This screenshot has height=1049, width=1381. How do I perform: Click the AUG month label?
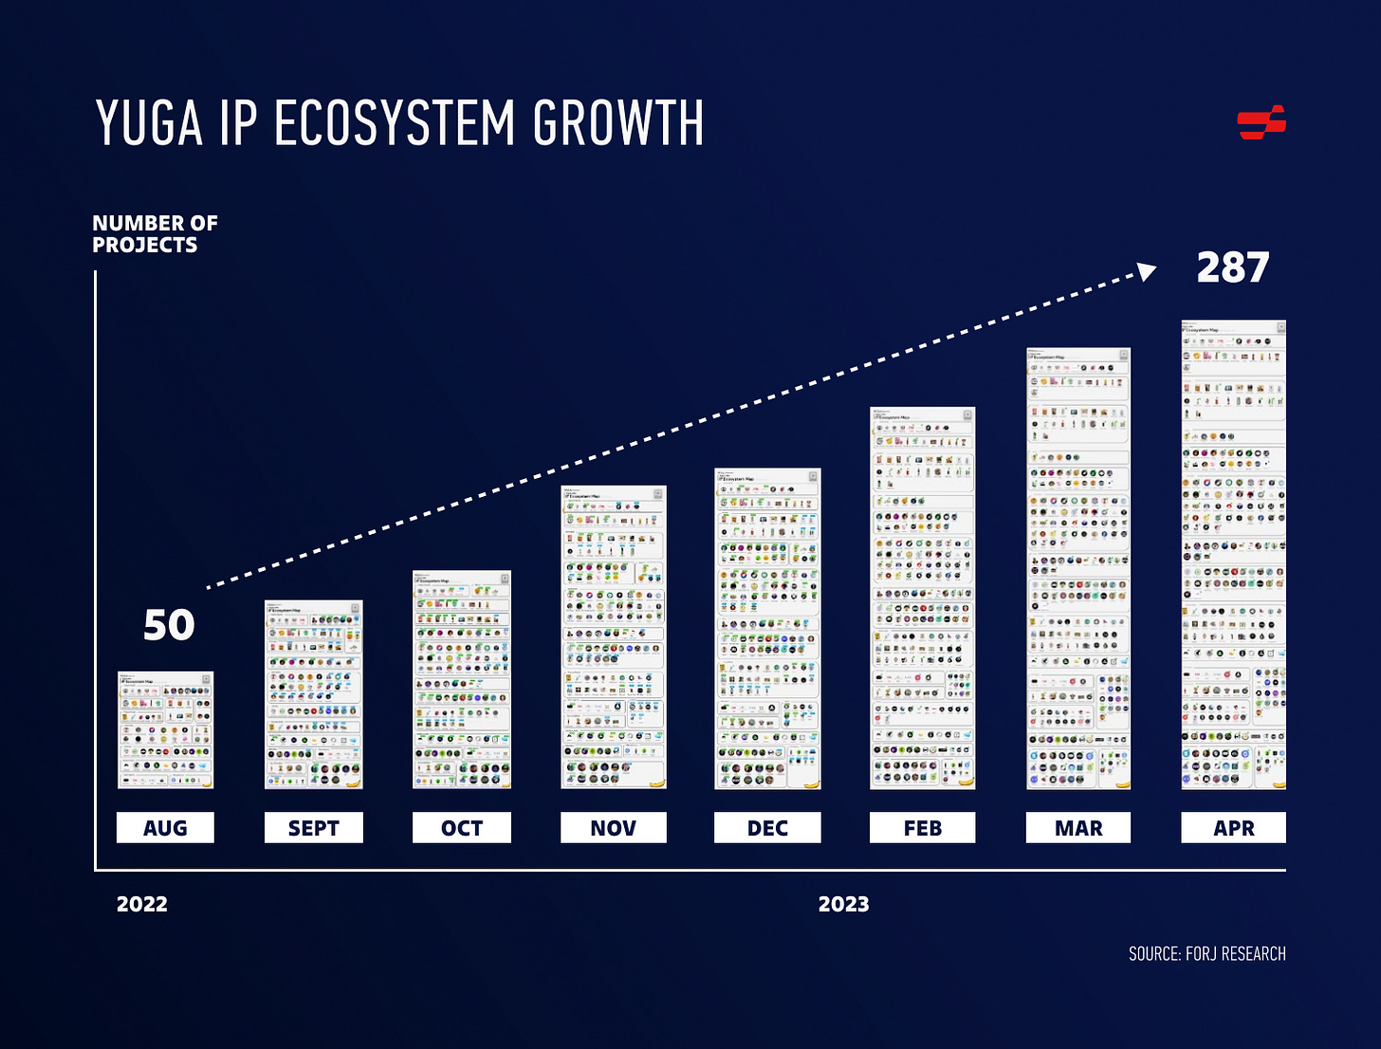(165, 828)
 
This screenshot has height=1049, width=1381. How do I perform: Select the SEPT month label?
(313, 828)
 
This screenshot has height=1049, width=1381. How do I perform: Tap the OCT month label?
(462, 828)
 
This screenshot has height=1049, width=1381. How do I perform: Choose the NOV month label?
(613, 828)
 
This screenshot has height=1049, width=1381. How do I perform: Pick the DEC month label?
(767, 828)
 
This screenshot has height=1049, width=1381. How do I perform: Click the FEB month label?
(922, 828)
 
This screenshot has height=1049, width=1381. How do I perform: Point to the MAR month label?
(1078, 828)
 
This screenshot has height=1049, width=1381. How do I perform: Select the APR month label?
(1233, 828)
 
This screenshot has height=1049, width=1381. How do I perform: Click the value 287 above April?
(1232, 268)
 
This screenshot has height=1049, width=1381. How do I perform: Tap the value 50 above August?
(169, 625)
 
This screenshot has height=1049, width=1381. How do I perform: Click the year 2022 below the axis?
(142, 904)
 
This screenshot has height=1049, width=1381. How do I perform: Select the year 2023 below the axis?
(843, 904)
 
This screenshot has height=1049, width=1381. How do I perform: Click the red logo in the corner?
(1261, 122)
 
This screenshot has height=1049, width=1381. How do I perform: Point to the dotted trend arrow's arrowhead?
(1148, 272)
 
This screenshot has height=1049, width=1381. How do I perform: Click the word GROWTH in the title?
(617, 123)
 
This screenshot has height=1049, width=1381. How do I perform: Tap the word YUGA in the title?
(150, 123)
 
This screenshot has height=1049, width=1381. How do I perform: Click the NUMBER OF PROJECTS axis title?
(155, 233)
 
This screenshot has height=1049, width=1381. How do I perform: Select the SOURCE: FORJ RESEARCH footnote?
(1206, 953)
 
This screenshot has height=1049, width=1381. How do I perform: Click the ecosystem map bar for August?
(165, 729)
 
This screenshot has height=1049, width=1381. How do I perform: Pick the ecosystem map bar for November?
(613, 636)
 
